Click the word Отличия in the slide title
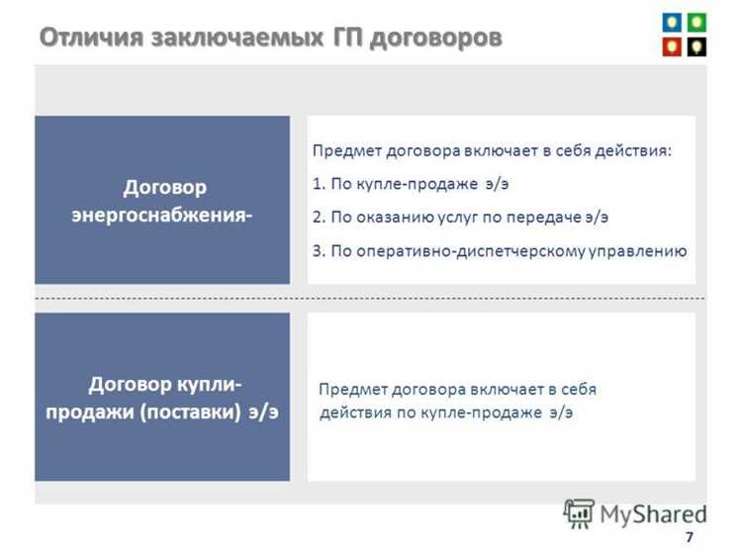[91, 38]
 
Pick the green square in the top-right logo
[696, 21]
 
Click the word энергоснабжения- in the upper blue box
[162, 216]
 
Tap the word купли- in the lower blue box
[207, 383]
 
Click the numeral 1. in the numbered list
[318, 183]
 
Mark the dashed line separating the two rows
[370, 298]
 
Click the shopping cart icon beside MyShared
[578, 511]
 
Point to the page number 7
[689, 537]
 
